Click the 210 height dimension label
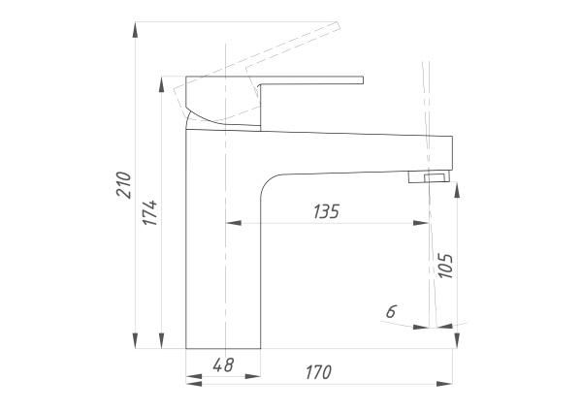[x=123, y=185]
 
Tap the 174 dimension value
[x=150, y=212]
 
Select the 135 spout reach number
[x=326, y=211]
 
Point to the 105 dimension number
[x=445, y=266]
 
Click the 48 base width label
[x=223, y=364]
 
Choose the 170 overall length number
[x=318, y=372]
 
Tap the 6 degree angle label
[x=391, y=311]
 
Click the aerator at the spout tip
[x=430, y=176]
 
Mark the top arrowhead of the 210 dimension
[x=136, y=29]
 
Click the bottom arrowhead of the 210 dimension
[x=136, y=341]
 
